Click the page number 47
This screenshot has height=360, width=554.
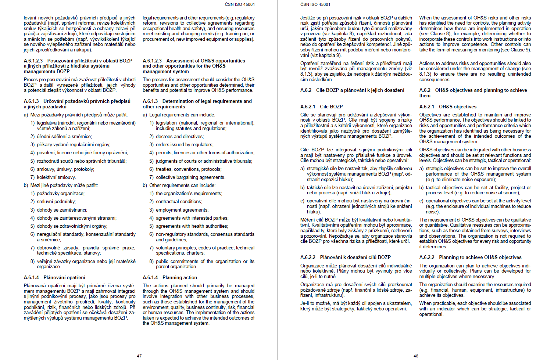pos(139,356)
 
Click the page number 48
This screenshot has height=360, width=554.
pos(416,356)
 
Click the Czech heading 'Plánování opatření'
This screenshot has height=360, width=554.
pos(64,277)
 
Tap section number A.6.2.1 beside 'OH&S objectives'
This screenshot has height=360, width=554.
pos(427,107)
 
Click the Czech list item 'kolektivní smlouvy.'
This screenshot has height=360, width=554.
pos(56,177)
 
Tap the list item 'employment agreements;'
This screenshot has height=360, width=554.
pos(182,210)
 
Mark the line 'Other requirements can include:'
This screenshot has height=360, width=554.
pos(182,185)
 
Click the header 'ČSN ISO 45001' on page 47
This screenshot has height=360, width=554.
pos(240,4)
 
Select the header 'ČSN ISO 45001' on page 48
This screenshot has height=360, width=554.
pos(315,4)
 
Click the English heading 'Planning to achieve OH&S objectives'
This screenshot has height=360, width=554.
pos(480,257)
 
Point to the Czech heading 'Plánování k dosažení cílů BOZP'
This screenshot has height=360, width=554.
pos(355,257)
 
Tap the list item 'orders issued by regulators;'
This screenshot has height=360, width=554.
pos(185,144)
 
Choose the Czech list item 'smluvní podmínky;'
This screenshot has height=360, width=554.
pos(56,201)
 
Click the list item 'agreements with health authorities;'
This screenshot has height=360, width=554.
pos(192,226)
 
